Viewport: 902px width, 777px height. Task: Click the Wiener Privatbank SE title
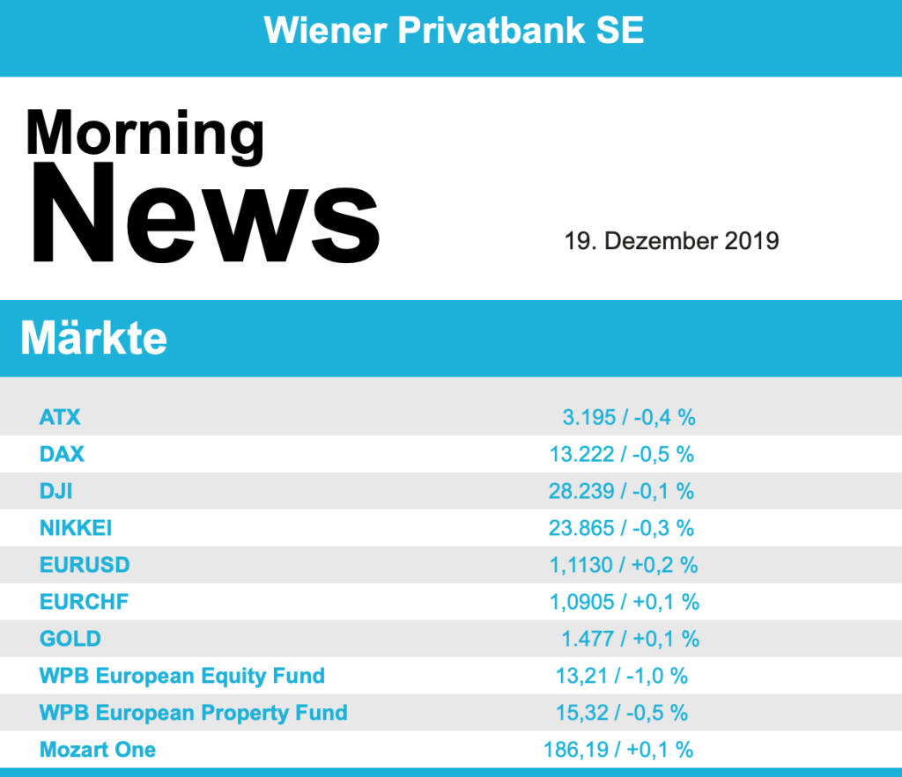click(x=454, y=31)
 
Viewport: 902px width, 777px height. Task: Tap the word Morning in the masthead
click(x=144, y=133)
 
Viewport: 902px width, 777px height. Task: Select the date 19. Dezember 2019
click(x=671, y=240)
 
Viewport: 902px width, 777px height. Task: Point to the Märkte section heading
click(x=93, y=338)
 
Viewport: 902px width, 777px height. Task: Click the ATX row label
click(x=60, y=417)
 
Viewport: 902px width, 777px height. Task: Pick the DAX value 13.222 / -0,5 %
click(x=621, y=454)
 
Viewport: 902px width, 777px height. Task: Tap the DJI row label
click(x=56, y=491)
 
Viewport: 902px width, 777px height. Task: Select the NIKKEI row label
click(x=76, y=528)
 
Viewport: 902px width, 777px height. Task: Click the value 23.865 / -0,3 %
click(x=621, y=528)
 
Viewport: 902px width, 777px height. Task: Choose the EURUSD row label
click(x=85, y=565)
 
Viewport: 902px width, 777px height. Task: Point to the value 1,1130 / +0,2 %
click(x=624, y=565)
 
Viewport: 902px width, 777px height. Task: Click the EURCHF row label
click(x=84, y=602)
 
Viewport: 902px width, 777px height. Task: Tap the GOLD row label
click(x=70, y=639)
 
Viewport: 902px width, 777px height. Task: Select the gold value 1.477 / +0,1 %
click(x=630, y=639)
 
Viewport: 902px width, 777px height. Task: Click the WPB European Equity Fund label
click(x=182, y=676)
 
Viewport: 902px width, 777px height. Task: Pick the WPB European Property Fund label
click(x=194, y=713)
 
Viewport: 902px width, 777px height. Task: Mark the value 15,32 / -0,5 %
click(x=621, y=713)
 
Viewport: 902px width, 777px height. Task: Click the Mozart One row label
click(x=98, y=750)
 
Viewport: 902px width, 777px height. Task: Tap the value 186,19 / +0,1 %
click(x=618, y=750)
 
